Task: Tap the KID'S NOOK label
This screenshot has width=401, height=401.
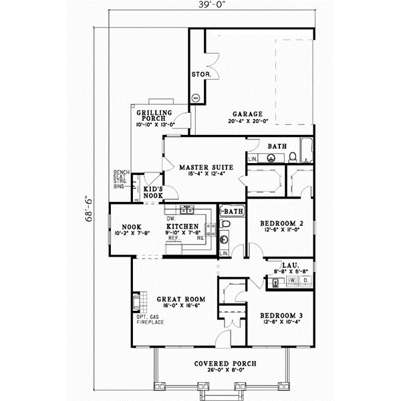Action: pos(154,192)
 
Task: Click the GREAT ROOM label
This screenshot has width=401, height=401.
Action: pos(180,299)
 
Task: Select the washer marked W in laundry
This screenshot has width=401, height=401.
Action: pos(292,281)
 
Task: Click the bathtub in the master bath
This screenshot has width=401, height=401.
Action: pos(306,151)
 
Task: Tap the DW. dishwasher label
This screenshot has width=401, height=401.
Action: pos(170,219)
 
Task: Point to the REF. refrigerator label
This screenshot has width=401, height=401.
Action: pos(172,238)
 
